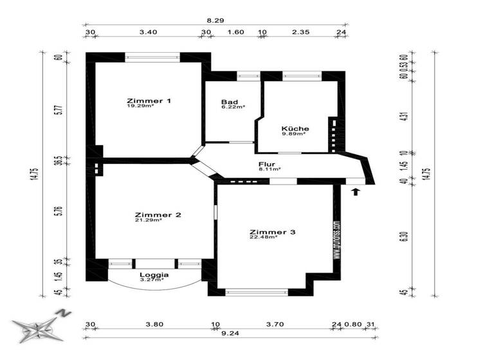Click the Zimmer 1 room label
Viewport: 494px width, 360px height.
(149, 101)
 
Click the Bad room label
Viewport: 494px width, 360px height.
(228, 102)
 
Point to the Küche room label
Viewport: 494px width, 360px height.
(295, 129)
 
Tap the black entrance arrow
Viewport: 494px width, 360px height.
(355, 190)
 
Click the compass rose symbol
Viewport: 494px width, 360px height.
(39, 328)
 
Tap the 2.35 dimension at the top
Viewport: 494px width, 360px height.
(300, 31)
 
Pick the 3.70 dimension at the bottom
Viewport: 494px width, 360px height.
(274, 324)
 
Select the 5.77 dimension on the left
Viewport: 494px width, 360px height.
(58, 107)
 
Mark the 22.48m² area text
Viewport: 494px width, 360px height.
(263, 237)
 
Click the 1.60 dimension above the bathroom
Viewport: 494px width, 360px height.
(235, 31)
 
